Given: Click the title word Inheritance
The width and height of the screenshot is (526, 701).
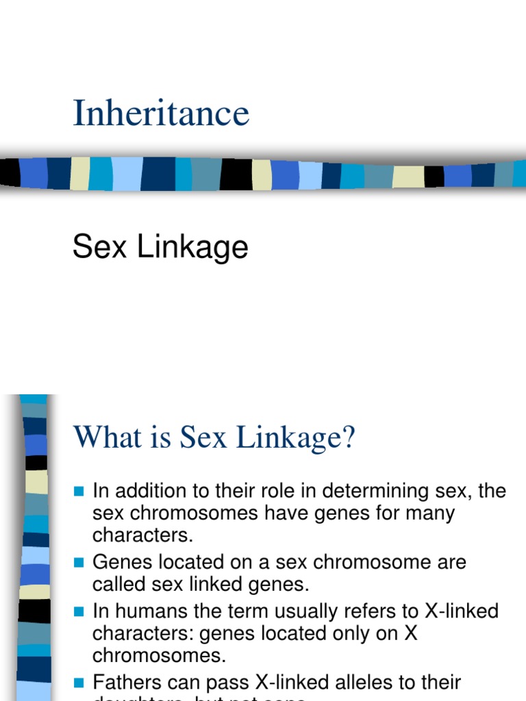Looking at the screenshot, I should click(161, 113).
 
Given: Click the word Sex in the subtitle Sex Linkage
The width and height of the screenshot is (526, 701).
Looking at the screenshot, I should click(101, 246).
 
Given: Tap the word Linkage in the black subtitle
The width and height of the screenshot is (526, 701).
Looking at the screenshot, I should click(192, 246).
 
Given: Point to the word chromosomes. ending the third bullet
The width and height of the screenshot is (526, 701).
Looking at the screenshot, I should click(159, 655).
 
